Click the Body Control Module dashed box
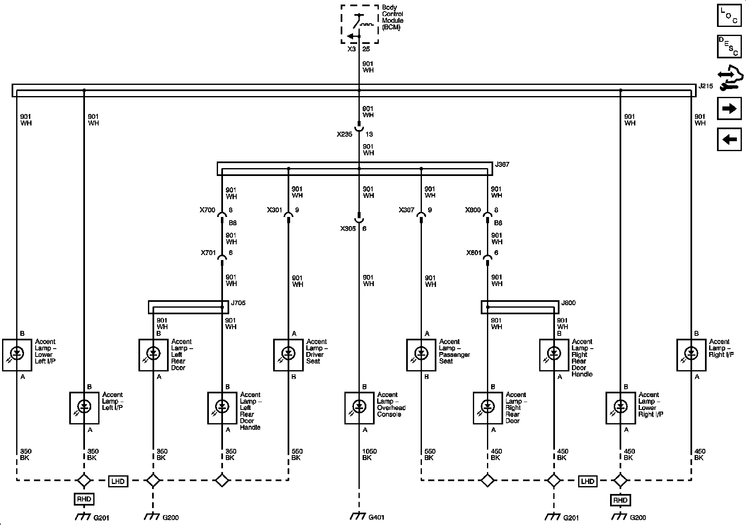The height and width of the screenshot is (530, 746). click(359, 24)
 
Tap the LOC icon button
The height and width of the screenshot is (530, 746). click(729, 16)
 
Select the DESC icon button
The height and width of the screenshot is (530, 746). click(729, 47)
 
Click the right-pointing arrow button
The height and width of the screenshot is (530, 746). click(729, 108)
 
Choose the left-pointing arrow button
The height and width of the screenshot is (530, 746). click(729, 139)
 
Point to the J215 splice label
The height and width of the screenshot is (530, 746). click(705, 87)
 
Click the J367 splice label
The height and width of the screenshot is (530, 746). click(502, 164)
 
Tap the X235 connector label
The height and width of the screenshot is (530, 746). click(344, 134)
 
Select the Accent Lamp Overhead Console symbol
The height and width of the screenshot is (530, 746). click(359, 408)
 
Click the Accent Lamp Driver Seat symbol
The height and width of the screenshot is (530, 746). click(288, 355)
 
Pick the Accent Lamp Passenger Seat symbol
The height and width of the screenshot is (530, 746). click(421, 355)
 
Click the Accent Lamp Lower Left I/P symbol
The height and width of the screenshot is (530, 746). click(17, 355)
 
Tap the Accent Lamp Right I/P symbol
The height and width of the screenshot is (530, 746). click(691, 355)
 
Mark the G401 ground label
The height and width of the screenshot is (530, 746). click(376, 517)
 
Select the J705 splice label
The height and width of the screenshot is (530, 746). click(238, 303)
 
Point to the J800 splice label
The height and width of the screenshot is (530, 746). click(568, 303)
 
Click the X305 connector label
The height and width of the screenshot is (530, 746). click(348, 229)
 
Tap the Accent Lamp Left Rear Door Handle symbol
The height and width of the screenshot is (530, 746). click(222, 408)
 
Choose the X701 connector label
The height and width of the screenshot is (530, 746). click(208, 253)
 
